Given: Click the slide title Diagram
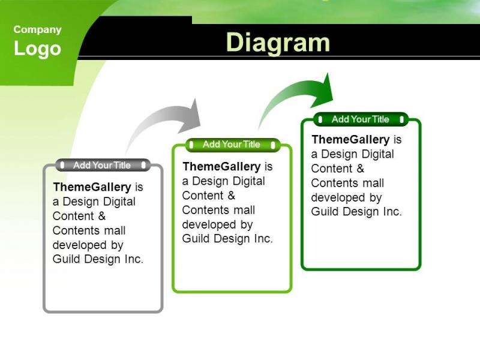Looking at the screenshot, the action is pyautogui.click(x=278, y=43).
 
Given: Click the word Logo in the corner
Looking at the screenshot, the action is pyautogui.click(x=37, y=49).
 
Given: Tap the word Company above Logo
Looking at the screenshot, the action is pyautogui.click(x=37, y=29).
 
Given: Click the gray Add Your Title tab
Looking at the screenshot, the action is pyautogui.click(x=103, y=166).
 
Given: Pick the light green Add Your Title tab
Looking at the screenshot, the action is pyautogui.click(x=232, y=145).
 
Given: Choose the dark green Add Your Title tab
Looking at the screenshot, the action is pyautogui.click(x=361, y=119).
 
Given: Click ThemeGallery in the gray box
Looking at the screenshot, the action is pyautogui.click(x=92, y=187).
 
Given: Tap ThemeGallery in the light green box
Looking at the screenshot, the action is pyautogui.click(x=221, y=167).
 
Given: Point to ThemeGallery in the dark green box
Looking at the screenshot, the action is pyautogui.click(x=350, y=140).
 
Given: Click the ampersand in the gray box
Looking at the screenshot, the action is pyautogui.click(x=101, y=216).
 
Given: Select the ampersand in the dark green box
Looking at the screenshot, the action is pyautogui.click(x=361, y=169).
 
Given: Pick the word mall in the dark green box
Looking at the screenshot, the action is pyautogui.click(x=373, y=183).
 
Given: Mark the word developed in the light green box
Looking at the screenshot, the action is pyautogui.click(x=208, y=224).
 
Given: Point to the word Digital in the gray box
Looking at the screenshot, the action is pyautogui.click(x=119, y=202).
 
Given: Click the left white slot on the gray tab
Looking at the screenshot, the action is pyautogui.click(x=62, y=166).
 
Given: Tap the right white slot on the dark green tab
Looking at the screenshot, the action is pyautogui.click(x=401, y=119).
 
